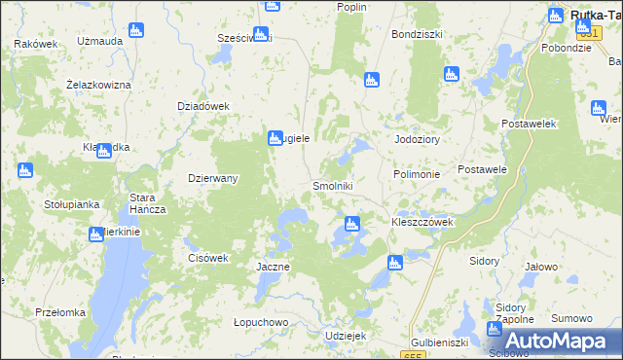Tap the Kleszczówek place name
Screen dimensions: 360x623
pyautogui.click(x=422, y=222)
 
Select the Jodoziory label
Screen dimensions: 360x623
pyautogui.click(x=418, y=139)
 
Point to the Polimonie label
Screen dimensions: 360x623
pyautogui.click(x=418, y=173)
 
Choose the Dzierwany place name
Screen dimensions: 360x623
pyautogui.click(x=212, y=178)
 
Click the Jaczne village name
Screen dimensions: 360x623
pyautogui.click(x=273, y=266)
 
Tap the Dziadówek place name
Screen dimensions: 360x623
pyautogui.click(x=202, y=106)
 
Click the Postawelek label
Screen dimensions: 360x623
pyautogui.click(x=528, y=125)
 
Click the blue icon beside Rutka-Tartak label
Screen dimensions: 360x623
pyautogui.click(x=556, y=16)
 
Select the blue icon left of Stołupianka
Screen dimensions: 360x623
pyautogui.click(x=25, y=171)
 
